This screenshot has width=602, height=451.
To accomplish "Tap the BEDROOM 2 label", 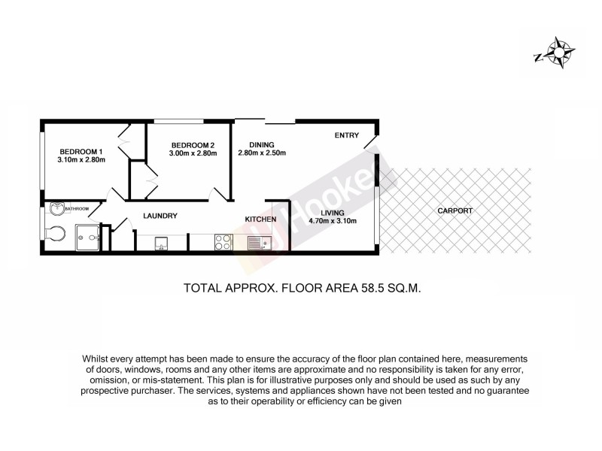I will tap(193, 145).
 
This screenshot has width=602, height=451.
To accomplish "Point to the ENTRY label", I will tap(347, 135).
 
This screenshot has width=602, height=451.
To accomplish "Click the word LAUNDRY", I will tap(159, 216).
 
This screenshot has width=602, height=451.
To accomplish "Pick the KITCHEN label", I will tap(260, 219).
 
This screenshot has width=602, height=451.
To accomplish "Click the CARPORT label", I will tap(455, 211).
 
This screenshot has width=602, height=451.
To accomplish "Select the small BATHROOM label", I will tap(77, 209).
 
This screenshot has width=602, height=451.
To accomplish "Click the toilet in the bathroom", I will tap(54, 234).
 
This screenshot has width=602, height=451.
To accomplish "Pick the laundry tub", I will tap(160, 242).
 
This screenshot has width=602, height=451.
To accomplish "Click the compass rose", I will tap(559, 53).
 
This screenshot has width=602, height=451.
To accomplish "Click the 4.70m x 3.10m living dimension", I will tap(332, 221).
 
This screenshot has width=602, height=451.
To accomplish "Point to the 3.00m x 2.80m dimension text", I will tap(193, 153).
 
